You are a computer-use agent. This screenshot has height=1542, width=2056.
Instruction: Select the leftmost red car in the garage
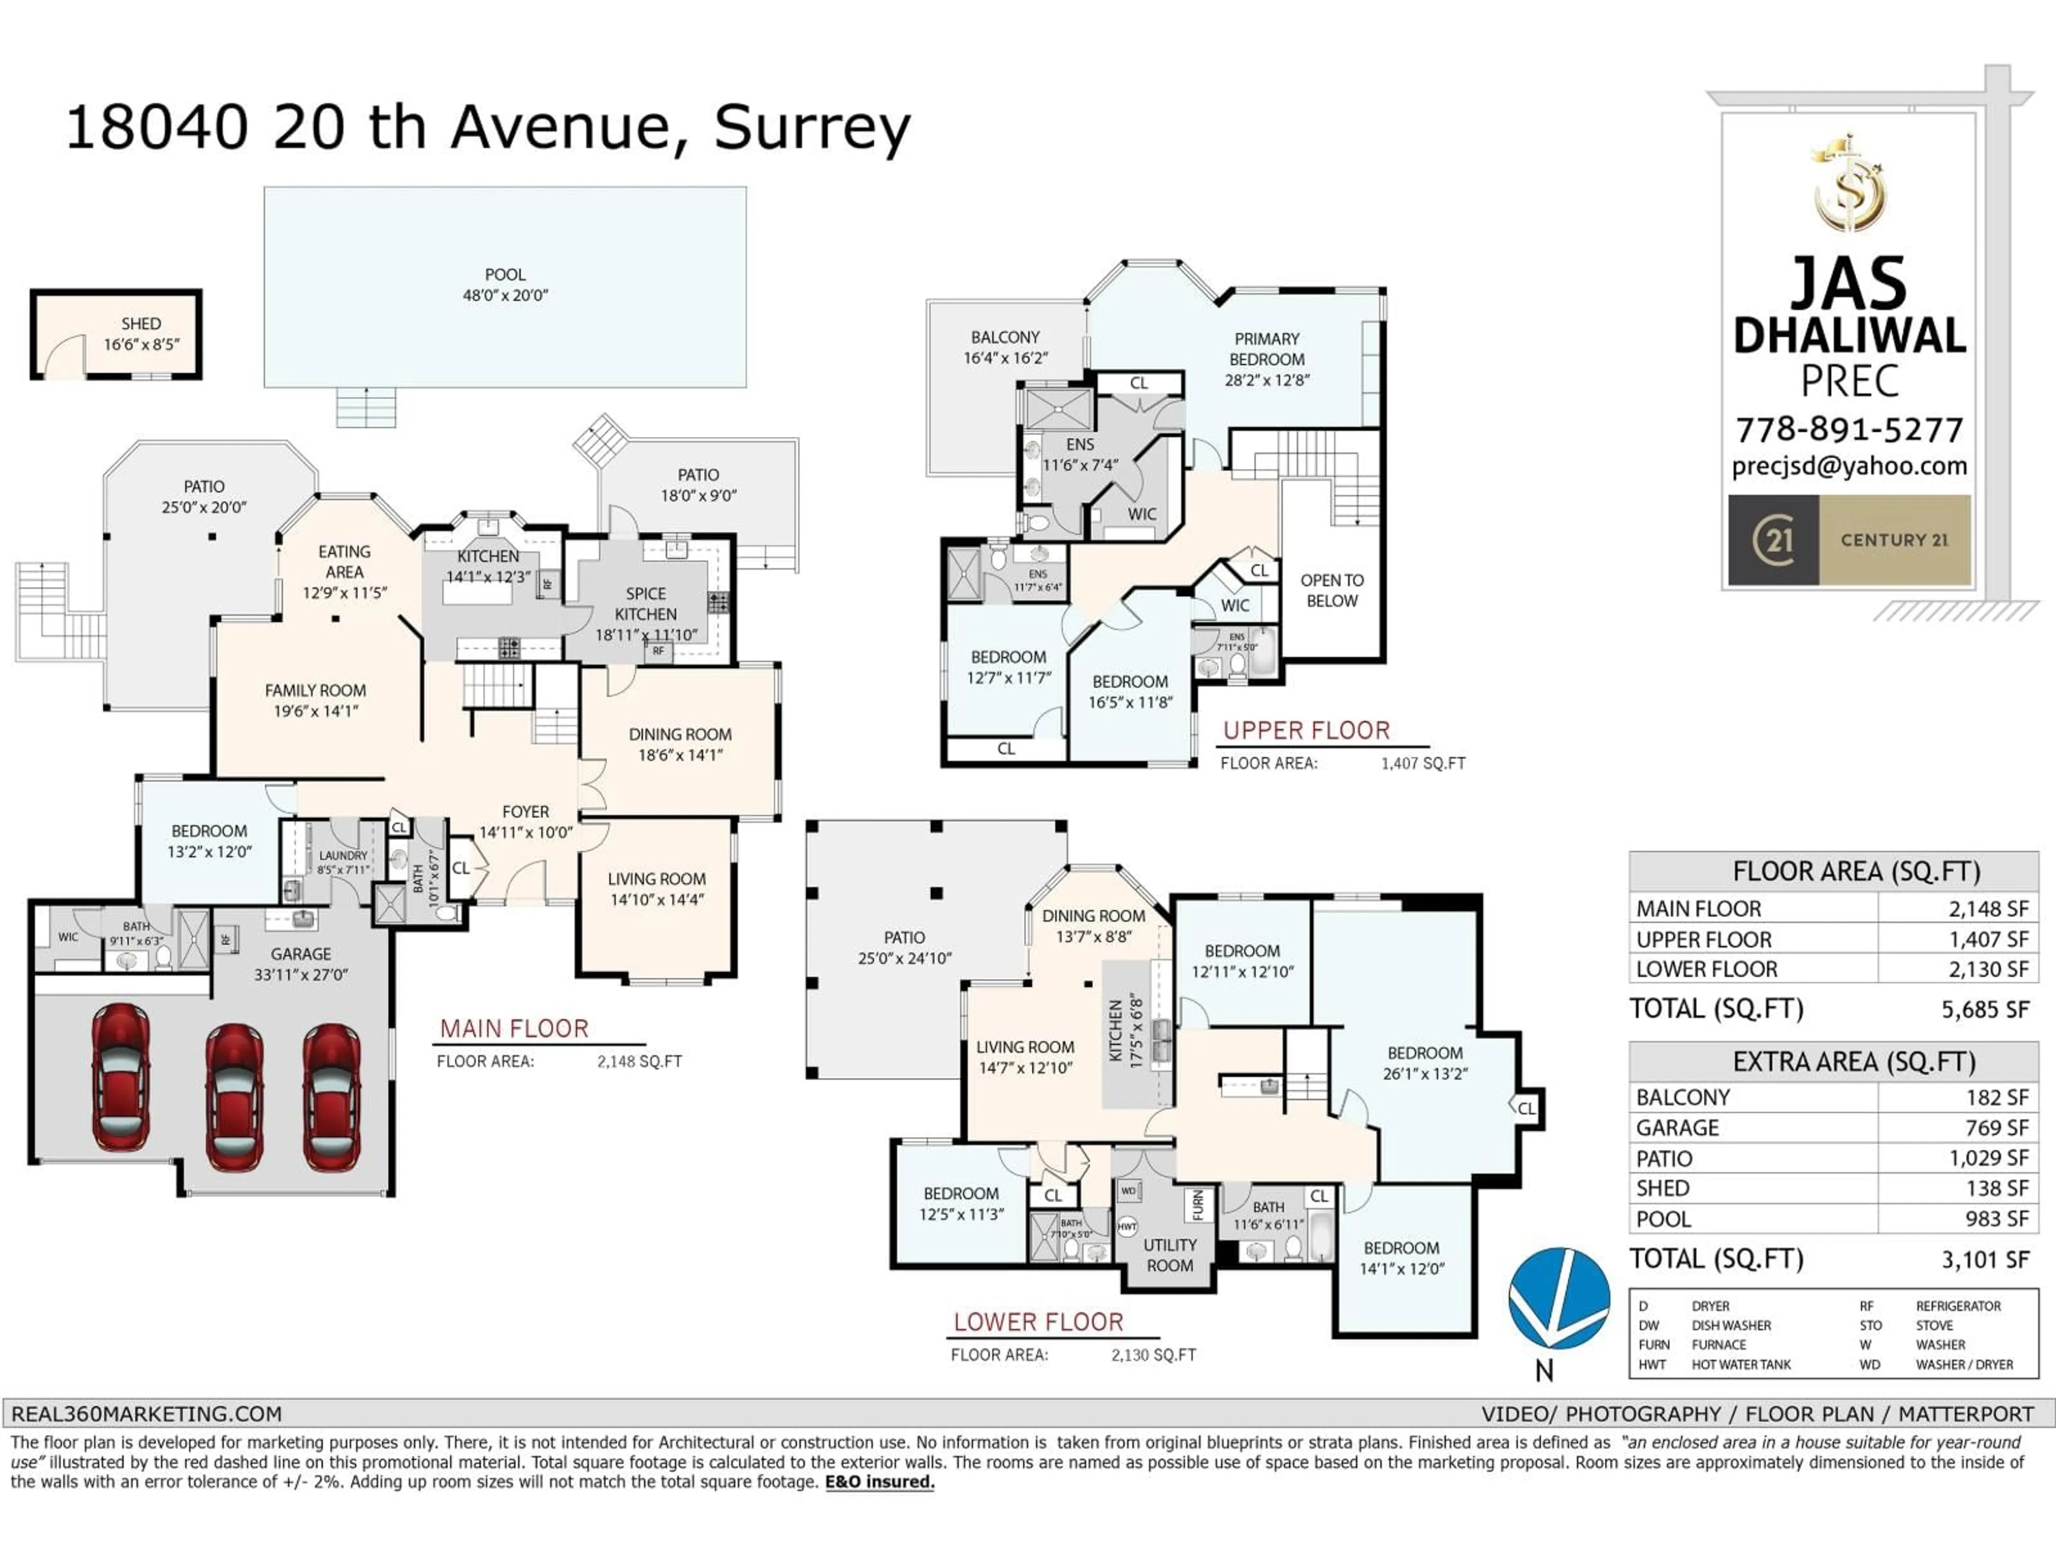pos(121,1076)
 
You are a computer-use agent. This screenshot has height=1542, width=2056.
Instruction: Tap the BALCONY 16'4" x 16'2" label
pos(1005,347)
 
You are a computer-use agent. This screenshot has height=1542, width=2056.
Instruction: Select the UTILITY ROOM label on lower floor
pos(1169,1256)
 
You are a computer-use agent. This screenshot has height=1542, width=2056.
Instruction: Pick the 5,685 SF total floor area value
pos(1984,1009)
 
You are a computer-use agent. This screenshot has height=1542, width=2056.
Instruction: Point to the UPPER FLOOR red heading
pos(1306,730)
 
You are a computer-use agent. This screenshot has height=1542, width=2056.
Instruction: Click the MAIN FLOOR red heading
pos(514,1029)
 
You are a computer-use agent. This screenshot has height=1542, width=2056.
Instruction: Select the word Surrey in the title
pos(812,127)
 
